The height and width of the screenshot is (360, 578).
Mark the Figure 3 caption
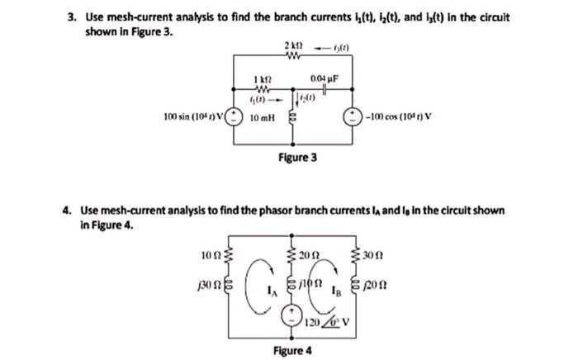click(300, 156)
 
